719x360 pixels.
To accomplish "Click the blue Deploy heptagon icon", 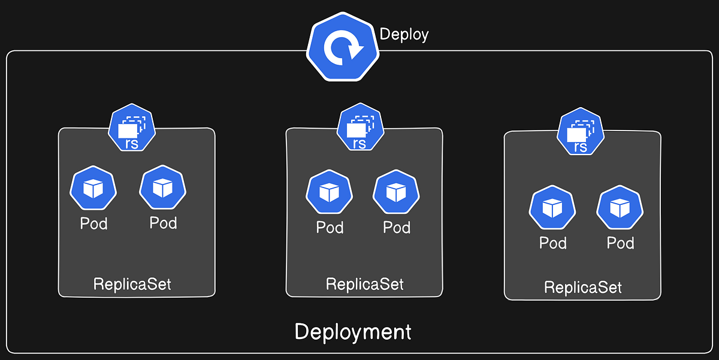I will [x=343, y=47].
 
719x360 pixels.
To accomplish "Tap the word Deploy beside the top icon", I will [x=404, y=34].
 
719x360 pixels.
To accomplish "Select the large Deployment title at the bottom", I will [x=353, y=331].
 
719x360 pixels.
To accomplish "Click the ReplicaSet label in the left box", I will [x=132, y=283].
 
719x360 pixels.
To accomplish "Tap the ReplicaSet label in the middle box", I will [x=364, y=283].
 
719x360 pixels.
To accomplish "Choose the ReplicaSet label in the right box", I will [x=582, y=287].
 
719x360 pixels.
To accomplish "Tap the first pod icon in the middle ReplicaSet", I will [x=329, y=193].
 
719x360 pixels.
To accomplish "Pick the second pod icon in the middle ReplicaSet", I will [x=396, y=193].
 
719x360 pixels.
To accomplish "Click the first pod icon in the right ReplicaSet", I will [x=552, y=208].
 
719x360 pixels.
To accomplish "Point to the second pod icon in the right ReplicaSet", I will [x=620, y=208].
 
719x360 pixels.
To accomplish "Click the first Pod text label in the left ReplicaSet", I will [x=94, y=224].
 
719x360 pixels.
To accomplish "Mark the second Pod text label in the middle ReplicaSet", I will [x=397, y=228].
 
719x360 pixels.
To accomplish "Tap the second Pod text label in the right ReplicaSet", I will [x=620, y=243].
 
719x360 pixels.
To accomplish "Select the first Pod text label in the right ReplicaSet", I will [x=552, y=243].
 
